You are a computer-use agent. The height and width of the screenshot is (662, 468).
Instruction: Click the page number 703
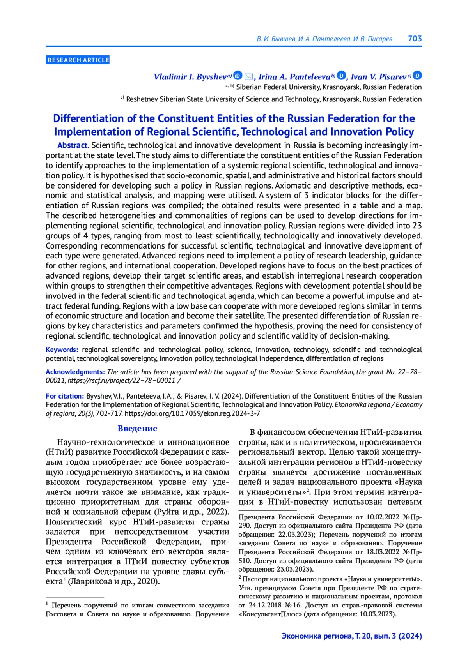click(415, 39)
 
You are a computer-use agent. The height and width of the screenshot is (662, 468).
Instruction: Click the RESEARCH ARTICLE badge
click(78, 60)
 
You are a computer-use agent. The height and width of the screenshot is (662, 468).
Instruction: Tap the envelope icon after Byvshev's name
click(248, 76)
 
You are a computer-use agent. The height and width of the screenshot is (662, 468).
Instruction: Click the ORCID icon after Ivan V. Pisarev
click(417, 76)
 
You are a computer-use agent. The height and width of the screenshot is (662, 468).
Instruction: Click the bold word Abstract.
click(73, 145)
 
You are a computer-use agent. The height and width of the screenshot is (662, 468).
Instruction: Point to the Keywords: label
click(62, 350)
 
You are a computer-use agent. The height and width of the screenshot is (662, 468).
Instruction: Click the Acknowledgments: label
click(75, 372)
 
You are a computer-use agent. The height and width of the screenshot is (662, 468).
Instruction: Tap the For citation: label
click(65, 396)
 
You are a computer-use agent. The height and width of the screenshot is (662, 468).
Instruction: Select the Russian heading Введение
click(137, 429)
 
